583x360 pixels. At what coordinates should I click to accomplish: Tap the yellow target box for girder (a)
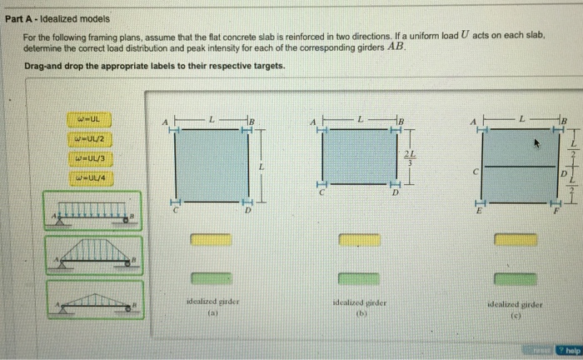[x=209, y=240]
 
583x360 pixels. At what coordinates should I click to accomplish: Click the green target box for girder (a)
[x=209, y=279]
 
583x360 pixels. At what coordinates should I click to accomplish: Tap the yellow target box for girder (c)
[x=516, y=240]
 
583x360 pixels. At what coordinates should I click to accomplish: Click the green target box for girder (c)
[x=516, y=279]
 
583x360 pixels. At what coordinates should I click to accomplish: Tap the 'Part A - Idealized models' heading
[x=57, y=18]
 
